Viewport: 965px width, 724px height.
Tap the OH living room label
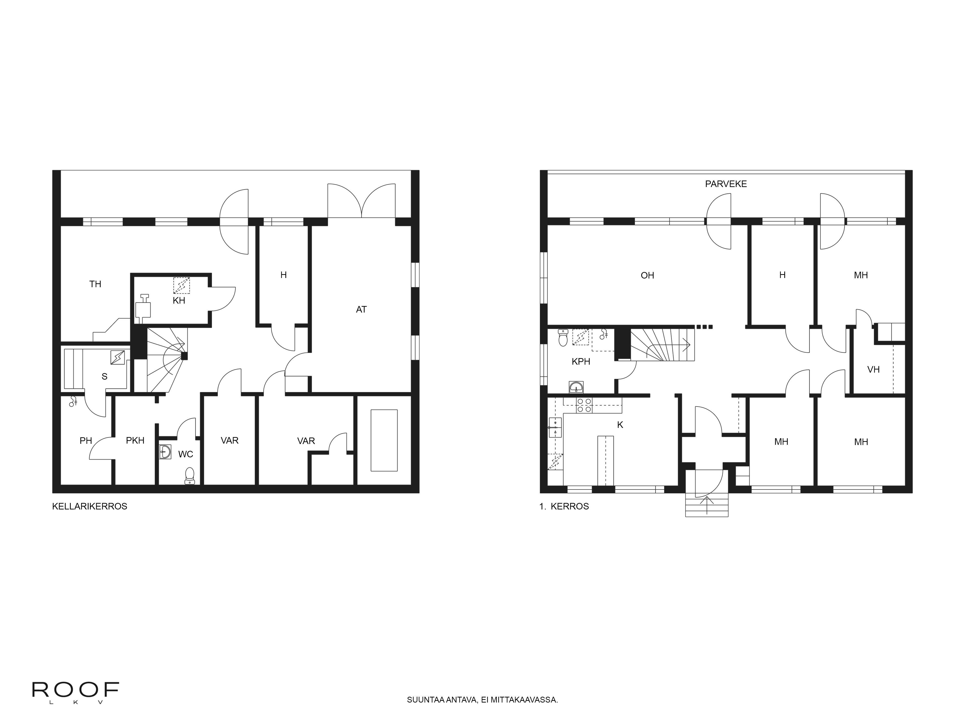648,275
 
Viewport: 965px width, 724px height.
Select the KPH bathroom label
581,361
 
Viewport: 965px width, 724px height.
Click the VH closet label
873,370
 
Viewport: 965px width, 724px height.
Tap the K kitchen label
620,425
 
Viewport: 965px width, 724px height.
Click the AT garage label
361,309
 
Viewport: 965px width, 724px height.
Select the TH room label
95,284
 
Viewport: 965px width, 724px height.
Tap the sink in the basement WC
165,452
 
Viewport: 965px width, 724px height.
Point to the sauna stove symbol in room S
117,357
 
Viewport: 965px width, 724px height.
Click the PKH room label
135,441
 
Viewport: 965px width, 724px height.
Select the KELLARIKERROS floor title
90,506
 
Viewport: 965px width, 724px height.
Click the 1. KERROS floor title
564,506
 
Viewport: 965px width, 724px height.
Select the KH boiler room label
179,301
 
